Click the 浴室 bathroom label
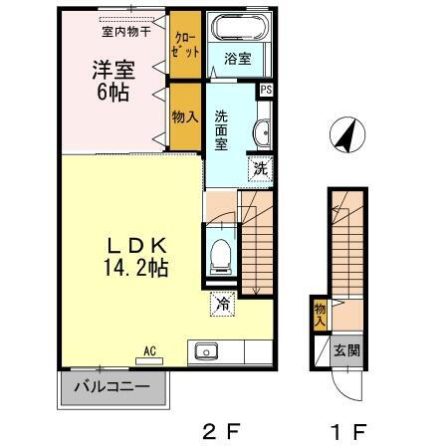[236, 58]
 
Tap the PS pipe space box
[266, 91]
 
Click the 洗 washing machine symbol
[260, 168]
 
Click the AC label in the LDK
[150, 350]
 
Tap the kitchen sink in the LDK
[207, 351]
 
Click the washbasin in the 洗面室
[262, 132]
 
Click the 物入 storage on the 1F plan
[321, 316]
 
